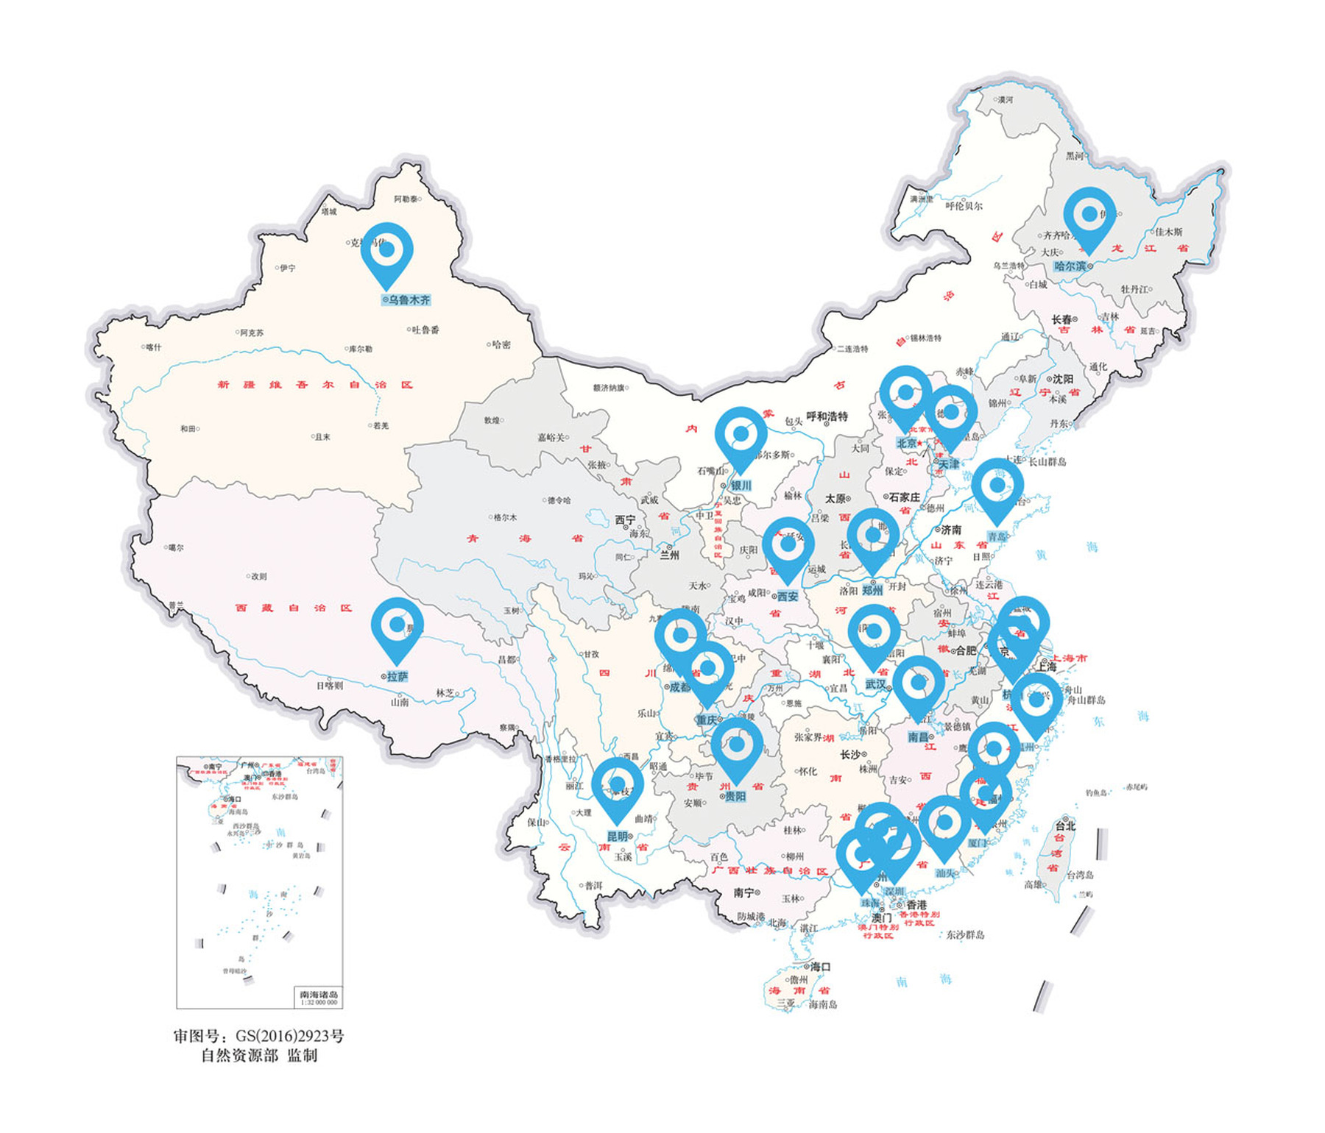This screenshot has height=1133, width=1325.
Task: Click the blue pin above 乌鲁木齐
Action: (x=386, y=251)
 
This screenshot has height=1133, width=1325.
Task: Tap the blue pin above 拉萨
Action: (x=397, y=625)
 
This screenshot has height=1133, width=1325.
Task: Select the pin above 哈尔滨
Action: (x=1089, y=215)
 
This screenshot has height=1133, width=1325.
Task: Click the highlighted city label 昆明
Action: (x=617, y=837)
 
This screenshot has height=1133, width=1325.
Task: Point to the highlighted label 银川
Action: (x=741, y=486)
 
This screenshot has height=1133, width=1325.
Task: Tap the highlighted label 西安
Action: (x=787, y=596)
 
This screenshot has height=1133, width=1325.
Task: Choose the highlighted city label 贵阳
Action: (x=735, y=796)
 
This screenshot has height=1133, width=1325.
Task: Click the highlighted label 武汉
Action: (x=875, y=684)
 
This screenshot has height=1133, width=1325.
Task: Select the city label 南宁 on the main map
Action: (x=743, y=892)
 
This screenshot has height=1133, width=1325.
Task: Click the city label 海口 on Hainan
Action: (x=820, y=967)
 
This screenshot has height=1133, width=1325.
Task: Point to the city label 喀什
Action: (x=153, y=347)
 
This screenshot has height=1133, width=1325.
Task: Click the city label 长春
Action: (x=1061, y=319)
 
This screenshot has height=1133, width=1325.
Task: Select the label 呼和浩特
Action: (x=827, y=416)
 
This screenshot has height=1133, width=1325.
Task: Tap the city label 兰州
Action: (x=669, y=555)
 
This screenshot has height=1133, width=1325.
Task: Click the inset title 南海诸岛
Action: (x=319, y=995)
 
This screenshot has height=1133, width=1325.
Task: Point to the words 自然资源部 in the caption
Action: (x=240, y=1056)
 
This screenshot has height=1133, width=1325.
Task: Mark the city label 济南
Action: (x=950, y=530)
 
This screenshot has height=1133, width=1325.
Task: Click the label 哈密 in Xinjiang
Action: (x=501, y=344)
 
